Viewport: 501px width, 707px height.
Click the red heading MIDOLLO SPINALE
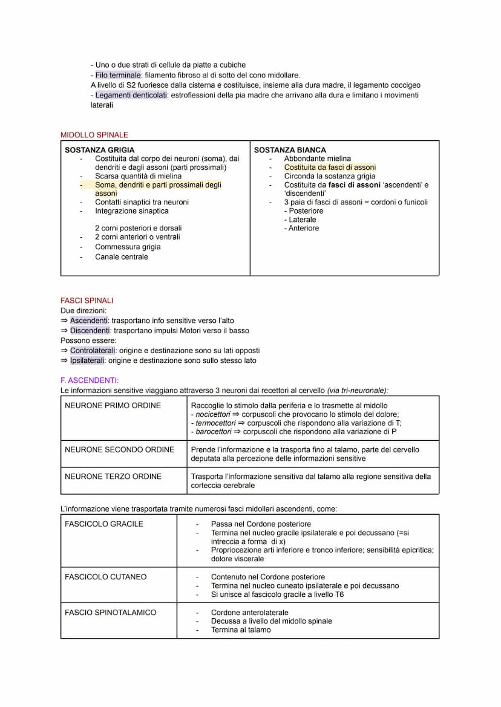(94, 135)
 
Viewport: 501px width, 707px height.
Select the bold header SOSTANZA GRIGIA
(100, 150)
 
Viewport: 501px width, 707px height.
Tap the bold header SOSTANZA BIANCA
(290, 150)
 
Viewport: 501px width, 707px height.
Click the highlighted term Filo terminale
(118, 75)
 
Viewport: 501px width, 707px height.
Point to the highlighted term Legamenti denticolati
(131, 96)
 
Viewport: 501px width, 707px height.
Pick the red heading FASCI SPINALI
(87, 301)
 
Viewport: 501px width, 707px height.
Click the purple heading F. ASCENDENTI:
(90, 380)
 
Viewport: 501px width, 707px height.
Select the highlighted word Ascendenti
(90, 321)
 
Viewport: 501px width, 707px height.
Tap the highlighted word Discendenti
(90, 331)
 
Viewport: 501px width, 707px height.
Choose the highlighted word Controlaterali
(94, 351)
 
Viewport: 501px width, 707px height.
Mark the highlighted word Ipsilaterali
(87, 361)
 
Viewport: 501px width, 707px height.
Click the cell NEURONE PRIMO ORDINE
(113, 406)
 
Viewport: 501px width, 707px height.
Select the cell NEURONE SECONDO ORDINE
(119, 450)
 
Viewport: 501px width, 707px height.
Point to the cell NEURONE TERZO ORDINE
(113, 477)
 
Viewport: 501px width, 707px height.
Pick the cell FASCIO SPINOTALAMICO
(110, 613)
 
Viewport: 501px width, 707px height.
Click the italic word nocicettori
(212, 415)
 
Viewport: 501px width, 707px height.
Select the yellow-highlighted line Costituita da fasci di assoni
(330, 168)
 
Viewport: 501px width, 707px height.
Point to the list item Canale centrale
(121, 257)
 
